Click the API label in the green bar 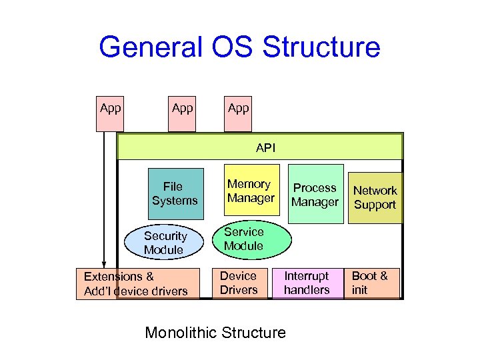tap(265, 147)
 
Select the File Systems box tap(175, 193)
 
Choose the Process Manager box tap(315, 194)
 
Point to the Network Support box tap(375, 197)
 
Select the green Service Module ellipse tap(251, 239)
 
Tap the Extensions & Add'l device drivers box tap(137, 283)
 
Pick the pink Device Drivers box tap(239, 283)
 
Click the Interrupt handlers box tap(307, 283)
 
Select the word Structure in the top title tap(322, 48)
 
